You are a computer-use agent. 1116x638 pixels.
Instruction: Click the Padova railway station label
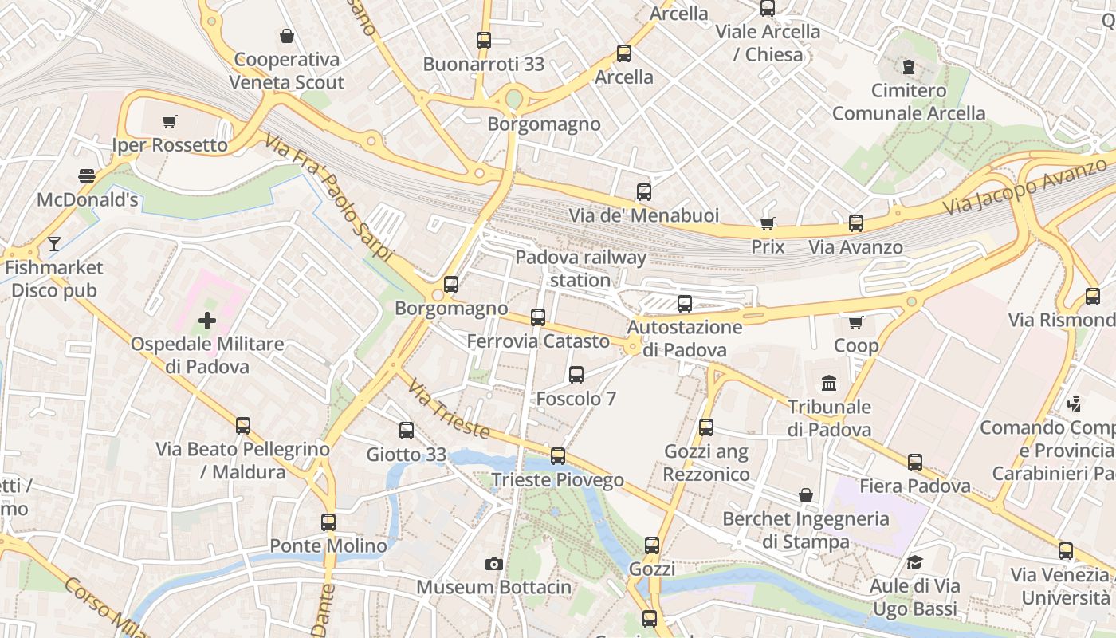580,269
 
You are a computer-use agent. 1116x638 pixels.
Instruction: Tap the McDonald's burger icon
87,176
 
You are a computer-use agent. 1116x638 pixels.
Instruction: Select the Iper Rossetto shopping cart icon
169,122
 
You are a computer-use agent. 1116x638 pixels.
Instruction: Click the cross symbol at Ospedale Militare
207,321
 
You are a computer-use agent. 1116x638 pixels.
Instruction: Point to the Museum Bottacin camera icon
494,565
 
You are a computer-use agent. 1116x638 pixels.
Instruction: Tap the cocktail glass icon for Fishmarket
54,243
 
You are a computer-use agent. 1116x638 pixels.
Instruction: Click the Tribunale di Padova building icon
829,384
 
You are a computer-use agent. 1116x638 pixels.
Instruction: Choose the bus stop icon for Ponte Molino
328,522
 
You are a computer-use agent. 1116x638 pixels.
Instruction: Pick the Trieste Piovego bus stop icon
558,456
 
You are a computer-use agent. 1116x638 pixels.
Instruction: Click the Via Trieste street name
448,410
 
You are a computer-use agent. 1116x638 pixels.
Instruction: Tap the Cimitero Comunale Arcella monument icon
908,66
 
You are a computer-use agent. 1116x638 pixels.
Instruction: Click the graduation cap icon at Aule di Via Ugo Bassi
914,562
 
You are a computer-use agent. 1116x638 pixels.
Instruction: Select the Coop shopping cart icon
856,322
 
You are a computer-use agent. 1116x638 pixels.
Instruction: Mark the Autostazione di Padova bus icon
685,304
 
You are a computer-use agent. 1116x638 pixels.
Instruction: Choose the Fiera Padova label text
915,486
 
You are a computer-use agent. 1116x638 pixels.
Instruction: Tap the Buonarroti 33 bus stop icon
484,41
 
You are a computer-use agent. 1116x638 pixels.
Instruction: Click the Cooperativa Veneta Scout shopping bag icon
287,36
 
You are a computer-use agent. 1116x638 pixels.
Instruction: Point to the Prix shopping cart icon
768,223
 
